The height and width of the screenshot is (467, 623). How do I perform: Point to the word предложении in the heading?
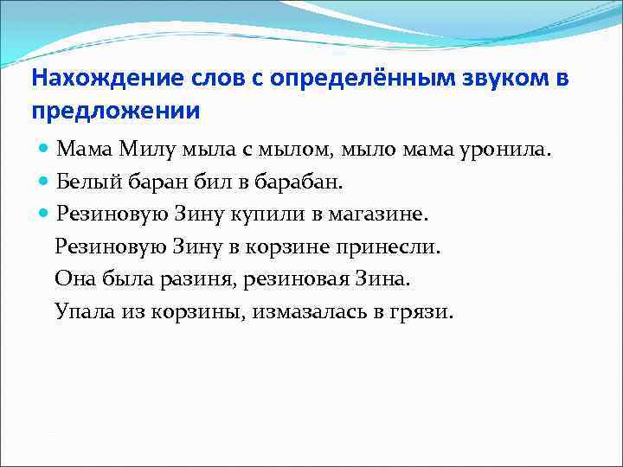[116, 112]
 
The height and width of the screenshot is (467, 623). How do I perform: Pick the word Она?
[74, 278]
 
